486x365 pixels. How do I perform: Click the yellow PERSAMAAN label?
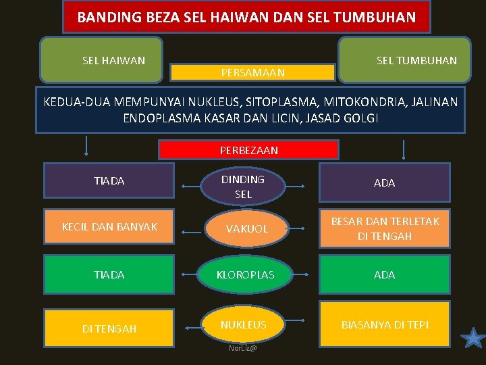click(x=253, y=72)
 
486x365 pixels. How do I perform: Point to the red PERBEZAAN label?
click(x=248, y=150)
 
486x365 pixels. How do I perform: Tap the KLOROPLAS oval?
click(x=245, y=275)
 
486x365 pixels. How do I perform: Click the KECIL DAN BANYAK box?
click(x=109, y=227)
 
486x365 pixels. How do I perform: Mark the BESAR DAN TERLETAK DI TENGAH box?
click(x=385, y=229)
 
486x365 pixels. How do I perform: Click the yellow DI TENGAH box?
click(x=109, y=328)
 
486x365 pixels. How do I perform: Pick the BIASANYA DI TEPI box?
click(x=385, y=325)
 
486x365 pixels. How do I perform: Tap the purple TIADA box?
click(x=109, y=181)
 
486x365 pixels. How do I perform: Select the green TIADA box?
click(x=109, y=274)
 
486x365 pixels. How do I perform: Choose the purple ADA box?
click(x=385, y=182)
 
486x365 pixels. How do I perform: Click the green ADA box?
click(x=385, y=274)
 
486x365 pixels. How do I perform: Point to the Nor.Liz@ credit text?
click(x=243, y=348)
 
